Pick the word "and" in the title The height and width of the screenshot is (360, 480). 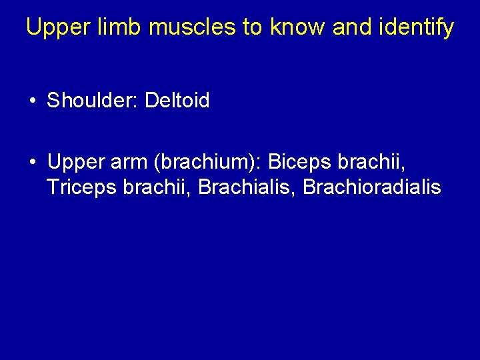pos(349,27)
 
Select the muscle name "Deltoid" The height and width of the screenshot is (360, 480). pos(177,101)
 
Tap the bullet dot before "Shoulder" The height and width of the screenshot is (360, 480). pos(32,101)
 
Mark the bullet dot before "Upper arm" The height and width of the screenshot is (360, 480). pos(32,162)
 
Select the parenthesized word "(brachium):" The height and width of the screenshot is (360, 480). pos(208,162)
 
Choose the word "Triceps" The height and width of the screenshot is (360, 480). pos(83,187)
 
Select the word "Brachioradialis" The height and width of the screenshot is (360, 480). pos(372,187)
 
